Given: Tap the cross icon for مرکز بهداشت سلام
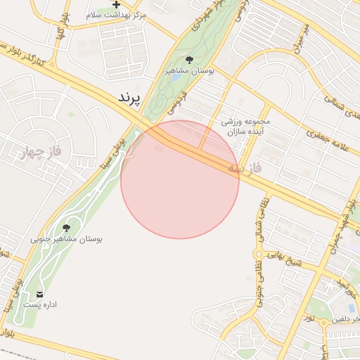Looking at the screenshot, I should pos(116,5).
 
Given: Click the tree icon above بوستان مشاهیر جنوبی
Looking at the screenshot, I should pos(66,228).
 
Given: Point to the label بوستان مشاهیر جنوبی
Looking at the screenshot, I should pos(66,239).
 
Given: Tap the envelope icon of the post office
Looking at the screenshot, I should pos(39,294).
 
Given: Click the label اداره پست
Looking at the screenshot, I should pos(40,305).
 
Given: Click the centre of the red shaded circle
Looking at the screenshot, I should pos(180,179).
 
